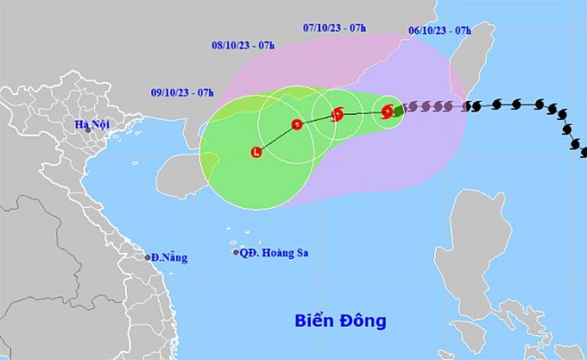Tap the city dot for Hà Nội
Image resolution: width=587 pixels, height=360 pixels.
click(88, 130)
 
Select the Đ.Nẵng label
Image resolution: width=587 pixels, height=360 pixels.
click(168, 257)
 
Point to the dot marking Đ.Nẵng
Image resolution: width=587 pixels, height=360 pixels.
click(148, 257)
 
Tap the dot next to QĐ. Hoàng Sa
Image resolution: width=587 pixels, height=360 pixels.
click(236, 253)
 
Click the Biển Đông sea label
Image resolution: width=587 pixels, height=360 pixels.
click(338, 322)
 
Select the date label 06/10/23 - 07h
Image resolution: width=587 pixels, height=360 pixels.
click(440, 30)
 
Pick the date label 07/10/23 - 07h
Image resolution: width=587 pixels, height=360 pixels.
click(336, 28)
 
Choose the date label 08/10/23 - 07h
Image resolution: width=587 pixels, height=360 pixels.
click(243, 46)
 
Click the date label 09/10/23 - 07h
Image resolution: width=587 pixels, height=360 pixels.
click(182, 92)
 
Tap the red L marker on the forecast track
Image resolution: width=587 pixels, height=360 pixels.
click(256, 153)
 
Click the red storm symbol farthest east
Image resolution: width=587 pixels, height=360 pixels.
click(388, 111)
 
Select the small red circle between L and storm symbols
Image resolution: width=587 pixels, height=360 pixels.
click(297, 124)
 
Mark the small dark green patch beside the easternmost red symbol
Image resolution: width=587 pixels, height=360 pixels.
click(398, 110)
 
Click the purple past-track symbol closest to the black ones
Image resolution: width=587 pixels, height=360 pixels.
click(449, 107)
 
